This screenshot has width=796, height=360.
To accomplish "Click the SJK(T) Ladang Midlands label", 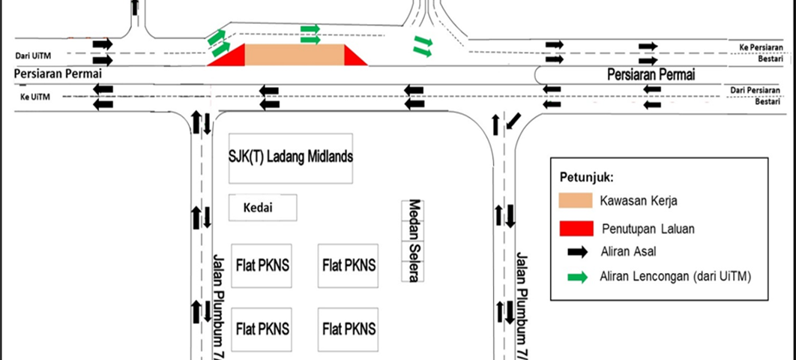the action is tap(290, 157).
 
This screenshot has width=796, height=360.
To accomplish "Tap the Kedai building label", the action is tap(258, 208).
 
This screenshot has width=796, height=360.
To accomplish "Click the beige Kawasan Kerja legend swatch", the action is tap(575, 200).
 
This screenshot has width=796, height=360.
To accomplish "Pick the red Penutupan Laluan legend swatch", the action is tap(576, 229).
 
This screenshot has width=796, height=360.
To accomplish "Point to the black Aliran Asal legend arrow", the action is tap(578, 252).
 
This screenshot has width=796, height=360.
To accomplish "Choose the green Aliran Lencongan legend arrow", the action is tap(578, 277).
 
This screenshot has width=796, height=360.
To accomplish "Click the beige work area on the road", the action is tap(295, 54).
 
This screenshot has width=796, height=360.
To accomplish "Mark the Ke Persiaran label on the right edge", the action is tap(762, 47).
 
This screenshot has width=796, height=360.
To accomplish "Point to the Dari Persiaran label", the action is tap(755, 91).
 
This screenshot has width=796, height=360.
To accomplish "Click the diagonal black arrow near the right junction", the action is tap(513, 121).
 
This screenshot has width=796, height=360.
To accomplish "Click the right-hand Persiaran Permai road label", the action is tap(651, 75).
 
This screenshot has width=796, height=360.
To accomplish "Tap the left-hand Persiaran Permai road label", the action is tap(58, 73).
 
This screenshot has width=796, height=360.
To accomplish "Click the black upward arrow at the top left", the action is tap(134, 7).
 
